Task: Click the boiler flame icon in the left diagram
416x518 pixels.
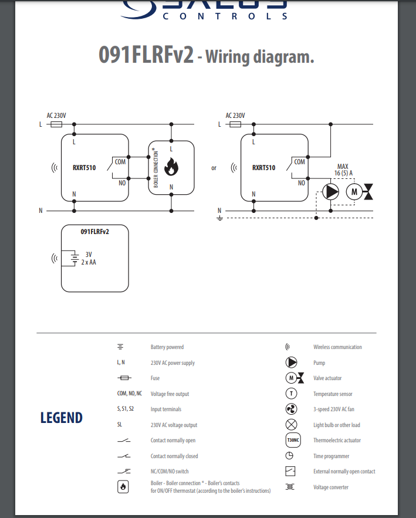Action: click(x=171, y=168)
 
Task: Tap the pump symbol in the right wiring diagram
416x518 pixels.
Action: click(x=331, y=192)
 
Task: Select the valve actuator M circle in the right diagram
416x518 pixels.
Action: click(x=354, y=192)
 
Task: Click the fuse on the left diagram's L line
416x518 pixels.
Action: click(x=57, y=124)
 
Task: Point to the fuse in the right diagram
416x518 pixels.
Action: click(x=236, y=124)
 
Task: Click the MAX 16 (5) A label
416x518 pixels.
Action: click(x=343, y=170)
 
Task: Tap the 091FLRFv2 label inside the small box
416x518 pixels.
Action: click(x=95, y=232)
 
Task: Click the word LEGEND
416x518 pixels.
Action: click(x=62, y=418)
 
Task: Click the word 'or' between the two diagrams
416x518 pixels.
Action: click(x=214, y=168)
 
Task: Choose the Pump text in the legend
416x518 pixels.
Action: click(x=319, y=363)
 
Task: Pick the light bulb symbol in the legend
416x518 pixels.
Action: click(x=291, y=425)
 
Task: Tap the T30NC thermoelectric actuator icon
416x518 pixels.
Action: click(x=292, y=440)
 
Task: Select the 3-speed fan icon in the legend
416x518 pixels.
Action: click(x=291, y=409)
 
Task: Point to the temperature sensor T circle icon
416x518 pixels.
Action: click(x=291, y=394)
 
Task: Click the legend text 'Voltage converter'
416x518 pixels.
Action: click(x=331, y=487)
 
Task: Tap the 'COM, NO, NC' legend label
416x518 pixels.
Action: click(x=130, y=394)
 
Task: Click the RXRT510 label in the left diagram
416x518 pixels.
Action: click(x=84, y=168)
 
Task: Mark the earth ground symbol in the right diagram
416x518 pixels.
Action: click(x=219, y=218)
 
